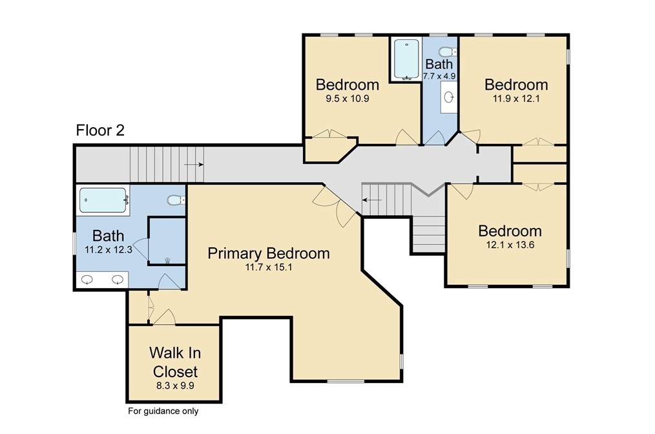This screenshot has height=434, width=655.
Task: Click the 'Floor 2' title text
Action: (x=100, y=130)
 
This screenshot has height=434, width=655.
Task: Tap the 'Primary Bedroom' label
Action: (x=269, y=254)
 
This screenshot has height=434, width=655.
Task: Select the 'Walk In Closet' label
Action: (x=175, y=362)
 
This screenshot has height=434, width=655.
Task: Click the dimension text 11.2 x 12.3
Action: (x=109, y=250)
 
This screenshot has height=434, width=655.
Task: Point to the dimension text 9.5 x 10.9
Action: (x=347, y=99)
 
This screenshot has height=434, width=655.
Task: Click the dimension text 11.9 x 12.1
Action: (x=516, y=99)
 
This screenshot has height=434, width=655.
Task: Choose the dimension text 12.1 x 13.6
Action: (x=510, y=245)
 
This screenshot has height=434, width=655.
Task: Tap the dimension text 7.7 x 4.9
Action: (x=439, y=76)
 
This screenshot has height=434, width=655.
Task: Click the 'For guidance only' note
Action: (x=163, y=411)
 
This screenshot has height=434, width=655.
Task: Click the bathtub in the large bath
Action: (x=103, y=200)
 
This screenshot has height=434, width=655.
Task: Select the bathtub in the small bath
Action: (x=406, y=59)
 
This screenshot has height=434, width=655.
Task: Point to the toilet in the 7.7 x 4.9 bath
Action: (x=448, y=52)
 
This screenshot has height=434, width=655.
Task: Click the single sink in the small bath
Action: (x=449, y=98)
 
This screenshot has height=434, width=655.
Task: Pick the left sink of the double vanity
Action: (x=87, y=280)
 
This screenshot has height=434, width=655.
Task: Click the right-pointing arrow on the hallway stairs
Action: (x=193, y=165)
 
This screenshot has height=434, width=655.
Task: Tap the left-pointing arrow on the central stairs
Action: (x=372, y=200)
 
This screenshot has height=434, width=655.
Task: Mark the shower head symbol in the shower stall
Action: (x=167, y=261)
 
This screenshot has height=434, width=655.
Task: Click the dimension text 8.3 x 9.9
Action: (x=176, y=386)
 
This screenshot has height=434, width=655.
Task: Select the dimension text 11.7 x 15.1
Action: (x=269, y=267)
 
